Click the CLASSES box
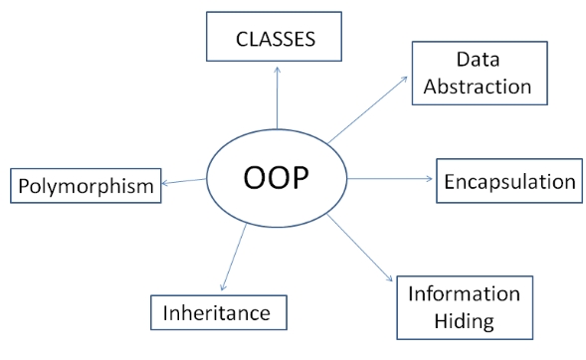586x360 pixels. [274, 41]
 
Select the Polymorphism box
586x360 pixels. [86, 185]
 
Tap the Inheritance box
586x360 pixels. [218, 312]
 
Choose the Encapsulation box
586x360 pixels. [508, 181]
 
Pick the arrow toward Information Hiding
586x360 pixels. [364, 249]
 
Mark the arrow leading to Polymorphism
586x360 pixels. [185, 181]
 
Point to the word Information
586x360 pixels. [465, 295]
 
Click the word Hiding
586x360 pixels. [465, 320]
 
